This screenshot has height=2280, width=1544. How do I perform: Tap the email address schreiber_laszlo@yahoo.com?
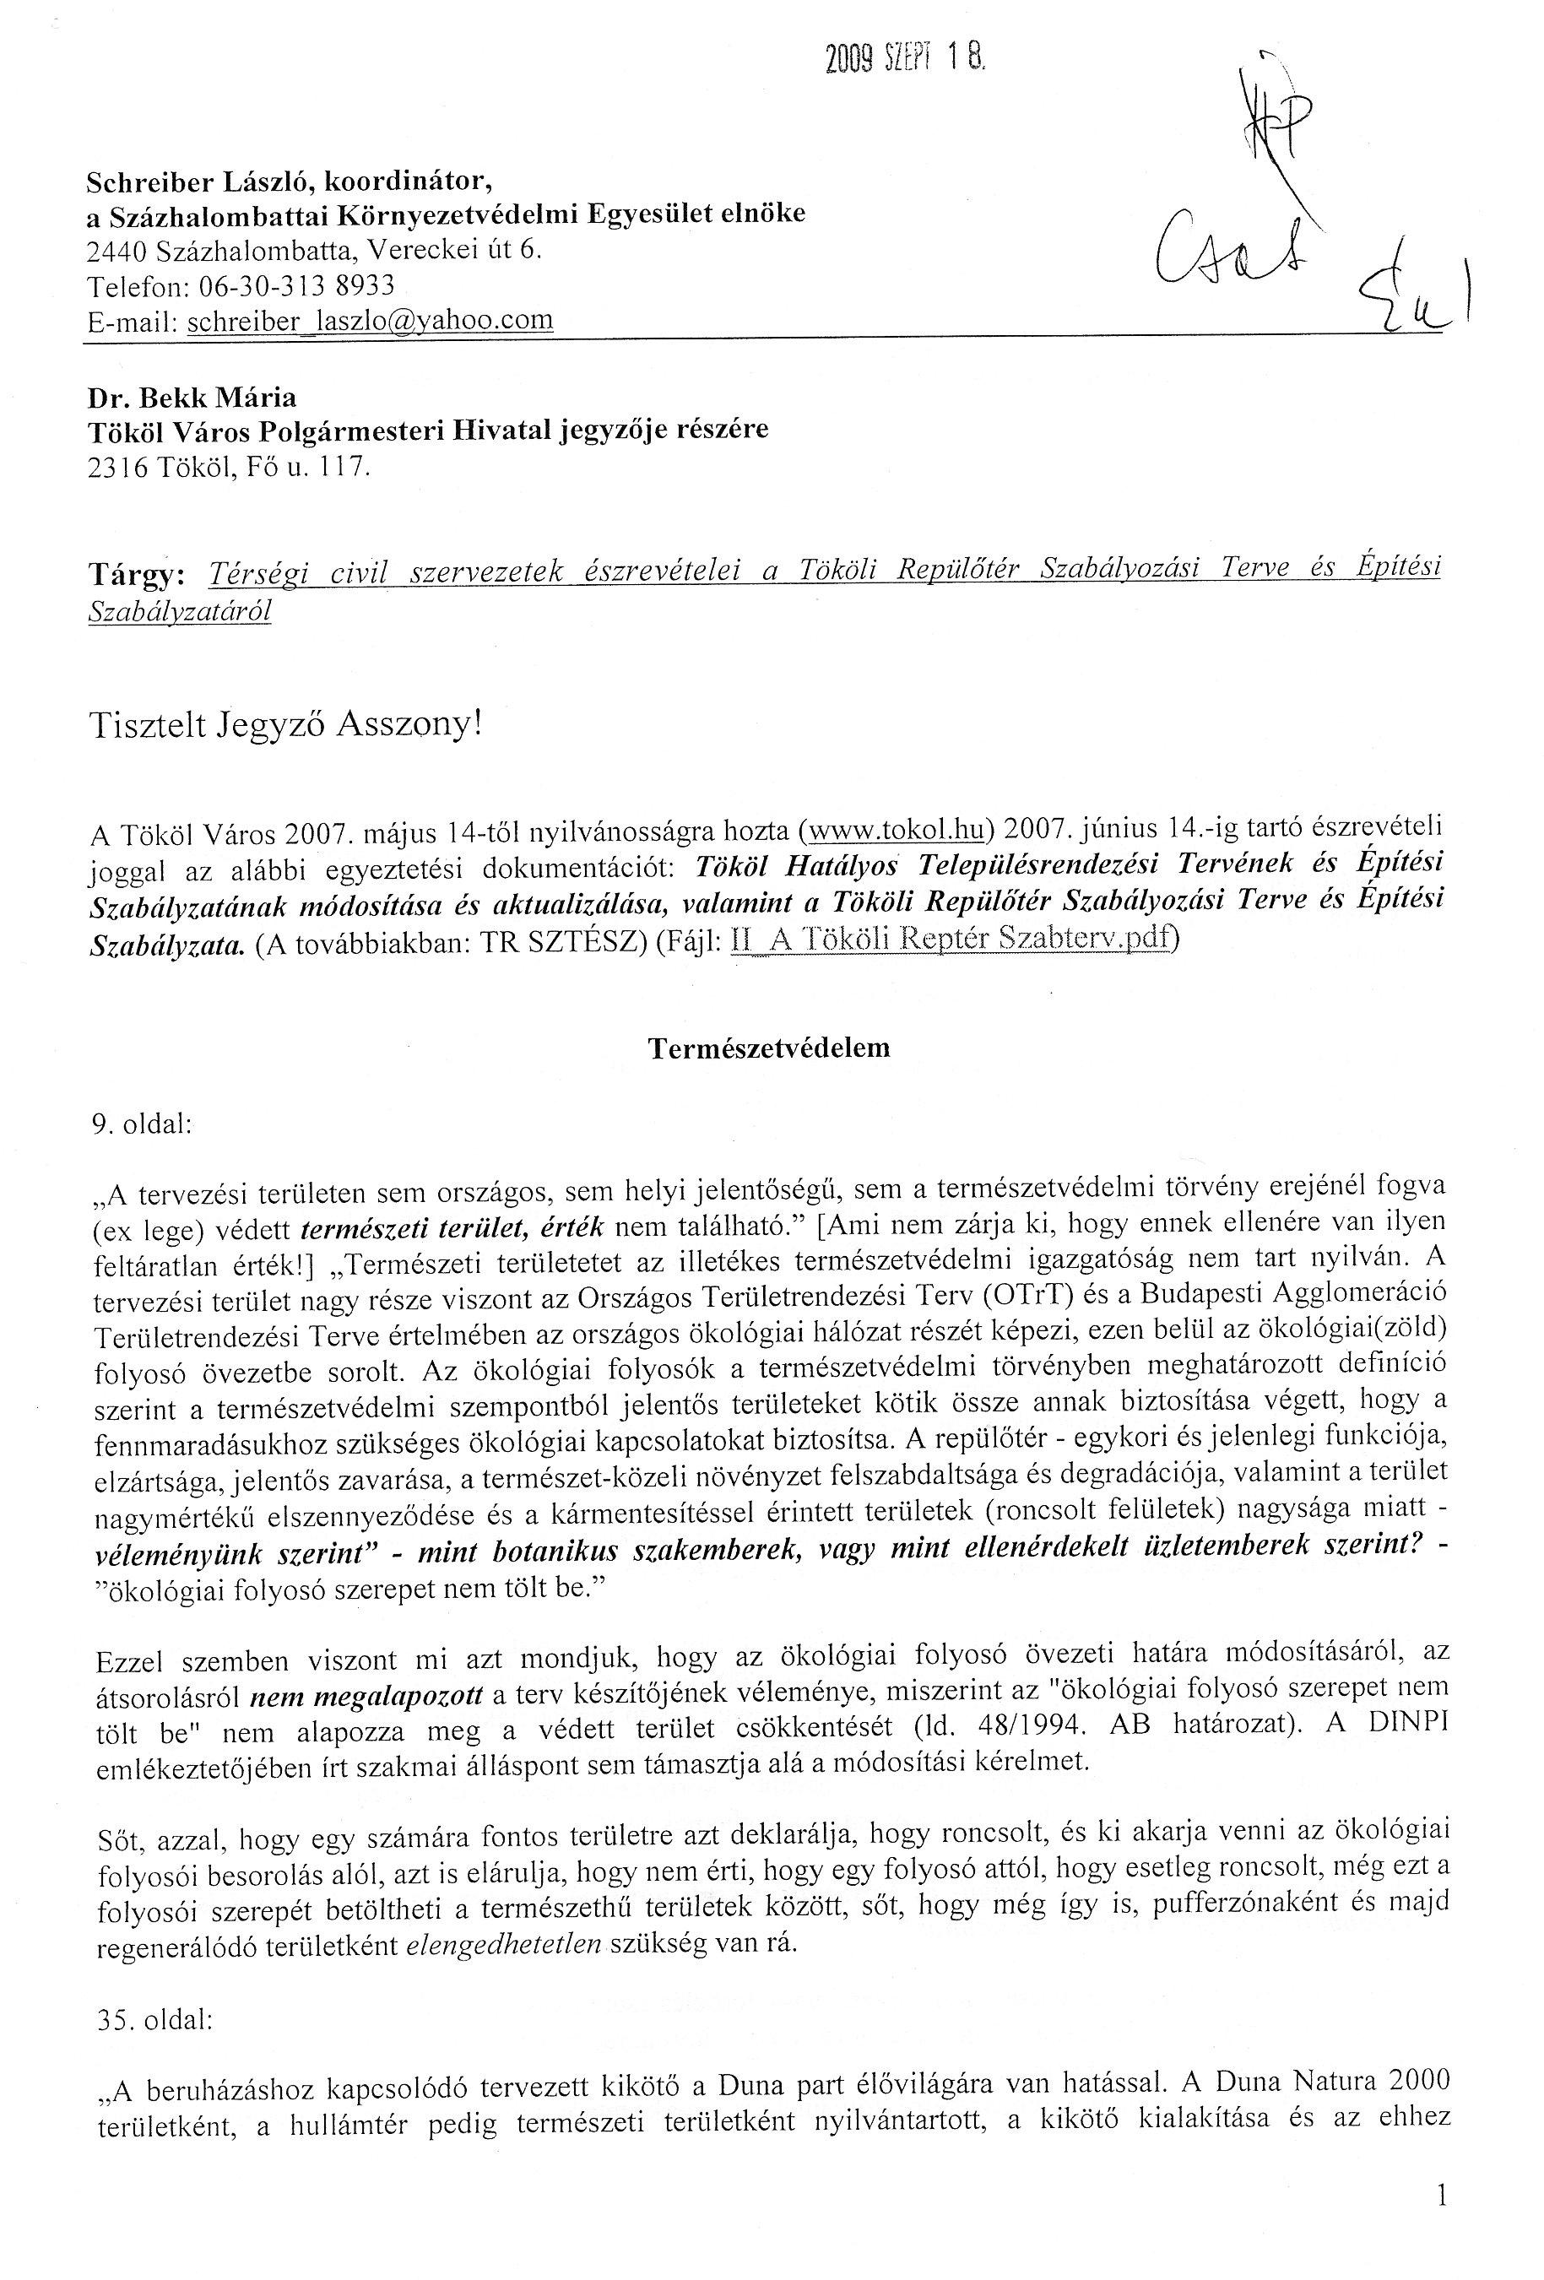369,321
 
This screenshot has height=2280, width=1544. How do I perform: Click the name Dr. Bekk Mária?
192,398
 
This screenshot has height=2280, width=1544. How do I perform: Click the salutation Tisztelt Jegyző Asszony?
285,725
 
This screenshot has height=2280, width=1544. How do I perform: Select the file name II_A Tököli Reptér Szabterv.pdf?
951,939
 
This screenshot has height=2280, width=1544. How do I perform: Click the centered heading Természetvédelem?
769,1048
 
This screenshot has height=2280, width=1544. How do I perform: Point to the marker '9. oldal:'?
141,1124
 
